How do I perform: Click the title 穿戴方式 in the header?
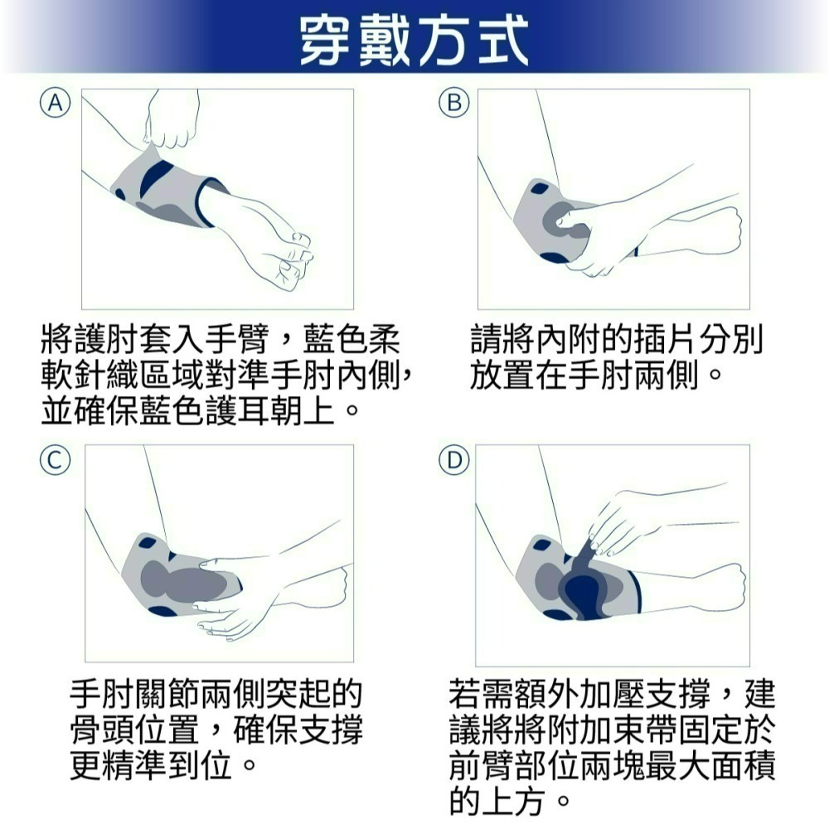coord(414,40)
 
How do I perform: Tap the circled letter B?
coord(454,103)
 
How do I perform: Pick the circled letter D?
coord(454,459)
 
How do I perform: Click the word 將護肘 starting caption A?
coord(91,341)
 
